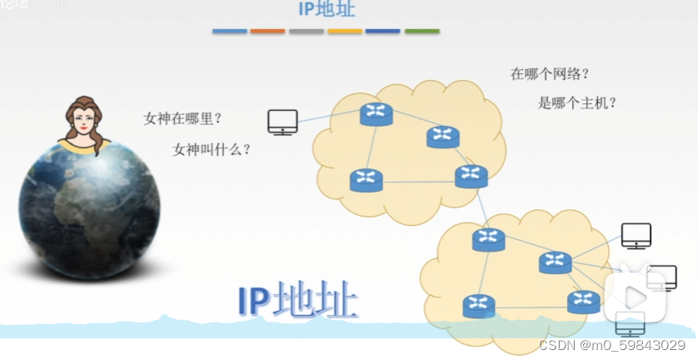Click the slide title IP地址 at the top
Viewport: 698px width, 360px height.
[x=327, y=10]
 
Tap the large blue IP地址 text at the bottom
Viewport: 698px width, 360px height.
[x=298, y=302]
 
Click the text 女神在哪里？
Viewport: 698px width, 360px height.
[x=182, y=118]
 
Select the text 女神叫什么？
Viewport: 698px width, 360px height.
[x=212, y=149]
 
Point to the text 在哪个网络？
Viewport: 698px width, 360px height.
[x=550, y=73]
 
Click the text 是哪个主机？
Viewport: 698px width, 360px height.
[x=577, y=103]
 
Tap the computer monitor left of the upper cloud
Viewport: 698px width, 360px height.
[x=282, y=122]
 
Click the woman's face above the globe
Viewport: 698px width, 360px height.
[x=83, y=122]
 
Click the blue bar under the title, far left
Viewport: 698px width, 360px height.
[x=230, y=32]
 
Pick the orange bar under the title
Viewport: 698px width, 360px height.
[x=268, y=32]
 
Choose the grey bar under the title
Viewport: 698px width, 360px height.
[x=307, y=32]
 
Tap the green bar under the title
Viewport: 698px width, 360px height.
[x=422, y=32]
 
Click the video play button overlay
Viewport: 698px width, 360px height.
[x=635, y=296]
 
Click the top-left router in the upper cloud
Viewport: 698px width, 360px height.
[x=376, y=113]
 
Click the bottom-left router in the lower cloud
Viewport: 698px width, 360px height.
[x=479, y=306]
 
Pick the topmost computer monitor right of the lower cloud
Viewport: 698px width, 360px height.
[x=636, y=236]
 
